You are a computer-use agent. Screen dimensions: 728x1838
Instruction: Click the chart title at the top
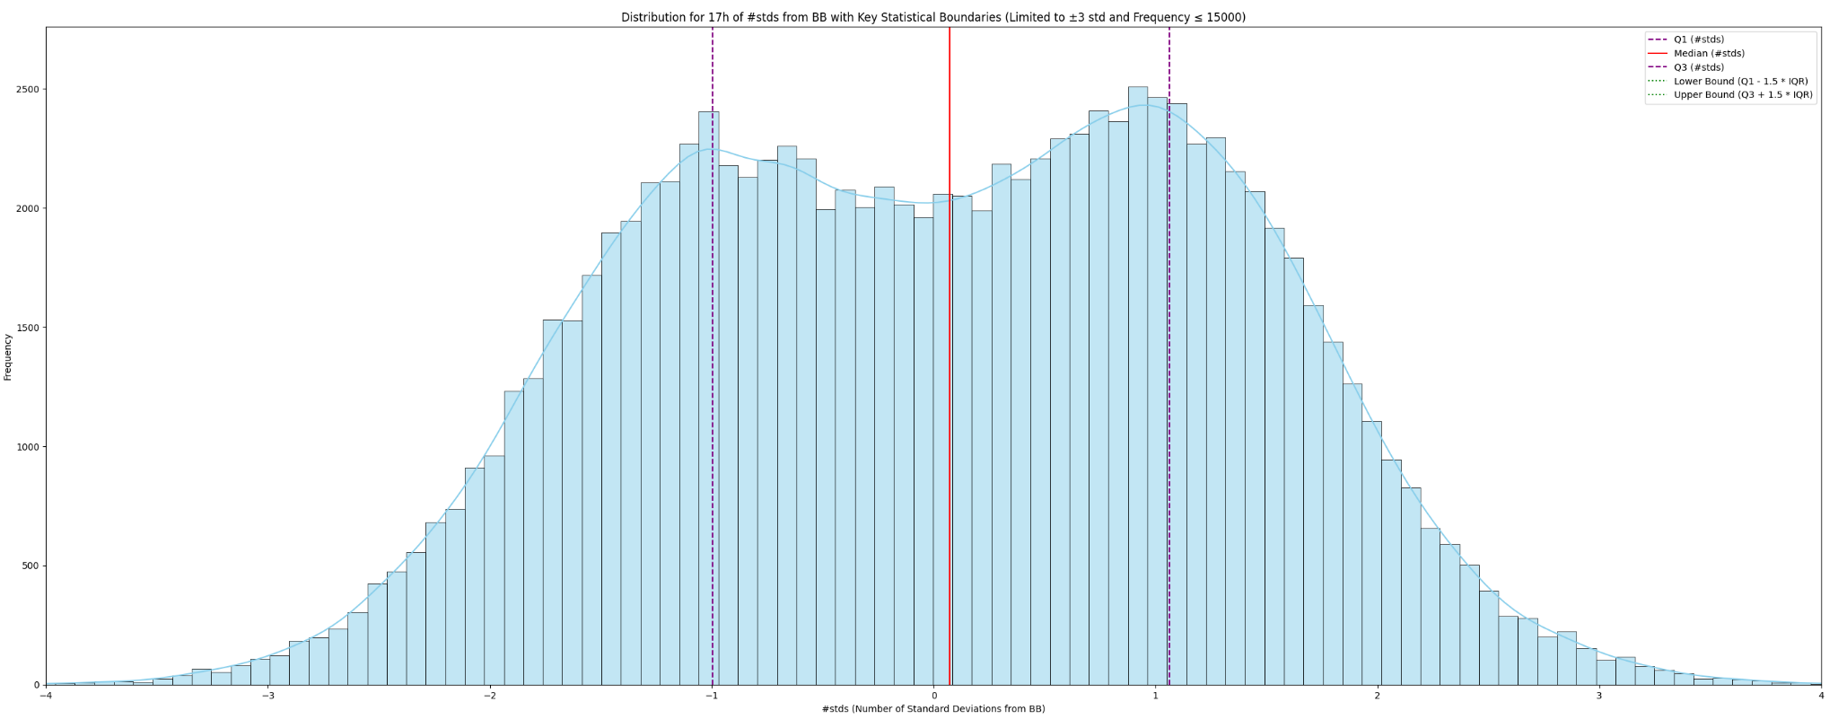[933, 17]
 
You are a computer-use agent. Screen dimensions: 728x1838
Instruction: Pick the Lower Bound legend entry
[1740, 81]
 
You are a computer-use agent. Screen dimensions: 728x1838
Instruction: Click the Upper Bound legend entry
[1743, 95]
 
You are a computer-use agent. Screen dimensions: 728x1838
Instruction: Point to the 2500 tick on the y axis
[28, 90]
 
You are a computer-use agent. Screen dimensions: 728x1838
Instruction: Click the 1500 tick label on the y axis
[28, 328]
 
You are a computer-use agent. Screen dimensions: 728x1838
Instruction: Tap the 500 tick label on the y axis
[31, 566]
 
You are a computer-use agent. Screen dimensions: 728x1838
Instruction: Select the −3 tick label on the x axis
[267, 696]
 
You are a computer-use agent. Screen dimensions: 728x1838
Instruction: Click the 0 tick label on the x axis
[933, 696]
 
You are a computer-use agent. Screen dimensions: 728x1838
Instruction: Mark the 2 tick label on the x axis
[1378, 696]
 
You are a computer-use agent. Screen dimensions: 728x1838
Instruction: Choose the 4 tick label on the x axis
[1821, 696]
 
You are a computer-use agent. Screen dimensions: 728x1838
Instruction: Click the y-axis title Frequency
[8, 356]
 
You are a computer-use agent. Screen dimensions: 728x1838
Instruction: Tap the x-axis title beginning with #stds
[933, 709]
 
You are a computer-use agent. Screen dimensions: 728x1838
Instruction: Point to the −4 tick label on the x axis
[46, 696]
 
